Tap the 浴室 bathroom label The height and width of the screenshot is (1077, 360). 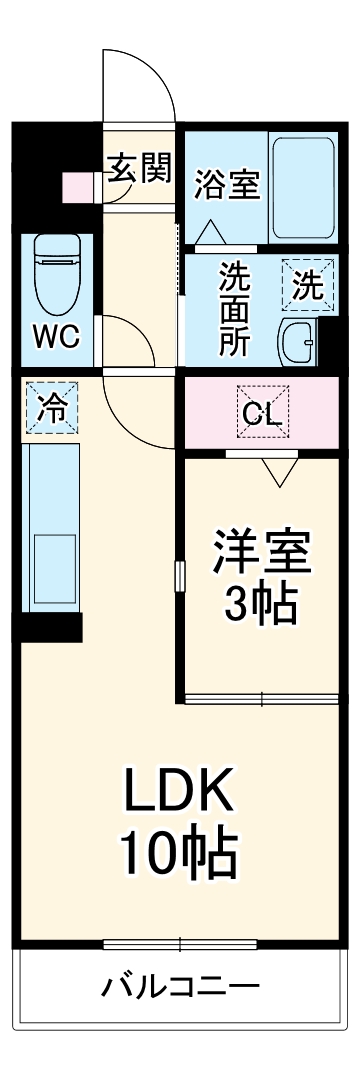[x=227, y=185]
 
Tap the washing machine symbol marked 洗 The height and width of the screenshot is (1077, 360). [x=307, y=286]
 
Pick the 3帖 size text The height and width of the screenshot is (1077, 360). [x=259, y=603]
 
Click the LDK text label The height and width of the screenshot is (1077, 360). [x=180, y=794]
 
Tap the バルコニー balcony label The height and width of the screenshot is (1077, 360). [x=180, y=988]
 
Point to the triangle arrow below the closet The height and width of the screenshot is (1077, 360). [x=279, y=470]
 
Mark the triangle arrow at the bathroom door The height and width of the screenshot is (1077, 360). [x=210, y=233]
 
